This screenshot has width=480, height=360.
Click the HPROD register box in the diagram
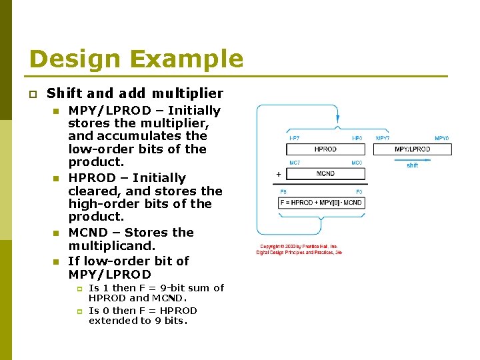[325, 149]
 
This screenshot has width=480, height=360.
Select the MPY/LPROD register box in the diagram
[412, 149]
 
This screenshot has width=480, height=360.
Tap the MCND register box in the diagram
[325, 174]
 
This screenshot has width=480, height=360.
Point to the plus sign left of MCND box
[278, 174]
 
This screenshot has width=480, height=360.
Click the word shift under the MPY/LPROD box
[412, 165]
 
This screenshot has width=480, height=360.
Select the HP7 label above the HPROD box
[294, 138]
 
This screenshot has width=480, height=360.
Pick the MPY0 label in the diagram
[442, 138]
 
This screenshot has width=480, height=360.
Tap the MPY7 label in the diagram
[383, 138]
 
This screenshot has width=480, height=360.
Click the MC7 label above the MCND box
[294, 163]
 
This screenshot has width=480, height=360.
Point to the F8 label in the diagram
[283, 192]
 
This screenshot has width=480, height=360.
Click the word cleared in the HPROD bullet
[93, 191]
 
